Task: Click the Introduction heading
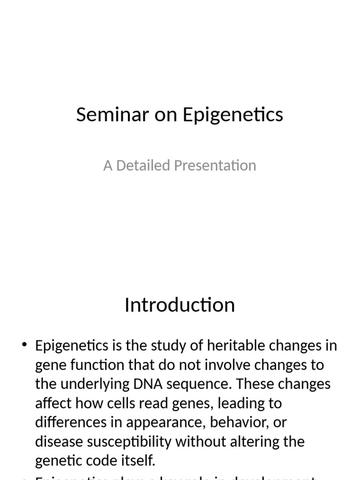(180, 305)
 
